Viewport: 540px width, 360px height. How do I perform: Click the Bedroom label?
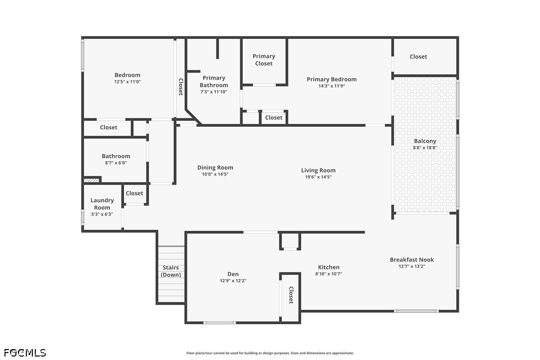(127, 75)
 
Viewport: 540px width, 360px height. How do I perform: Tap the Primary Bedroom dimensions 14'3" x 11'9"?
(332, 86)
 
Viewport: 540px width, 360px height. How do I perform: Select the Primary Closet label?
(264, 60)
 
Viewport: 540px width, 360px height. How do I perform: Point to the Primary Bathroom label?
(214, 81)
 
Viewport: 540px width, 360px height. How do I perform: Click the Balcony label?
(425, 141)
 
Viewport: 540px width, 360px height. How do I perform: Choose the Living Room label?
(318, 171)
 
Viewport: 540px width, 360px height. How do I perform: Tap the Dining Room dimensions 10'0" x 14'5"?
(215, 175)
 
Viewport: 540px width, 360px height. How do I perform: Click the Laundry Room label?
(102, 204)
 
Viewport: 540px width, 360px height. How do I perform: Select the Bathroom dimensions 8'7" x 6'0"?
(116, 163)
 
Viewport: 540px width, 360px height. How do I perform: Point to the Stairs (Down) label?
(171, 271)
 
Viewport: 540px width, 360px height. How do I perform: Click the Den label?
(233, 274)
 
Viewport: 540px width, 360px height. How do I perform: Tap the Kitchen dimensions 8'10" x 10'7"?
(329, 274)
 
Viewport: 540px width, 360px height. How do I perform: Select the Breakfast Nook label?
(412, 260)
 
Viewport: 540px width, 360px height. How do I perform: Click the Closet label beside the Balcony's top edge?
(418, 57)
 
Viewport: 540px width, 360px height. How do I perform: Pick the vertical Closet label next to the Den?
(291, 295)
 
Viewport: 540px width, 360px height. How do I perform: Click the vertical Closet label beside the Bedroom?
(180, 87)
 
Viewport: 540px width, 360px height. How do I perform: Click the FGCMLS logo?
(24, 353)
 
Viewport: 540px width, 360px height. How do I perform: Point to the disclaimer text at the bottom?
(270, 353)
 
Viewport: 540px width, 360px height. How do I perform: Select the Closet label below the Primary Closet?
(273, 118)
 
